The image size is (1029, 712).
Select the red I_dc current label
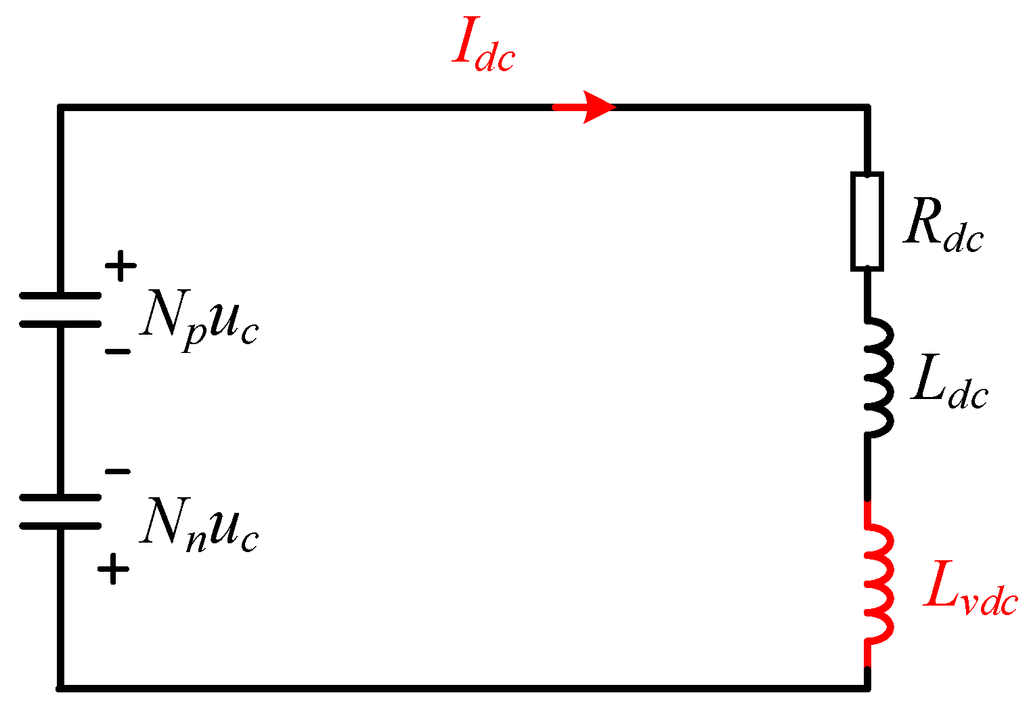(x=483, y=49)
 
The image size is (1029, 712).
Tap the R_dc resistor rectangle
(x=867, y=222)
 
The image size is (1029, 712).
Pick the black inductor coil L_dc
(x=877, y=376)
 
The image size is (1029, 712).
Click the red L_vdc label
(x=970, y=595)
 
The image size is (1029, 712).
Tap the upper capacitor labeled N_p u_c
(x=60, y=310)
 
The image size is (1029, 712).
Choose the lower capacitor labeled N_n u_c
(x=60, y=511)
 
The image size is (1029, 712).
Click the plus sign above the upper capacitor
(x=121, y=266)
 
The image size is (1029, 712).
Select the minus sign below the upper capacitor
(x=117, y=352)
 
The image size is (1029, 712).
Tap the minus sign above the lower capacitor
(x=117, y=472)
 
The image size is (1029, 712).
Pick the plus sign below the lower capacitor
(x=113, y=569)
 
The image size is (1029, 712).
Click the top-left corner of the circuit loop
(x=60, y=107)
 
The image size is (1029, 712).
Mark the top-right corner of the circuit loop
(x=867, y=107)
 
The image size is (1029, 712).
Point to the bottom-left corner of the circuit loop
(x=60, y=688)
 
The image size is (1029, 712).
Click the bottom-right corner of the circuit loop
(x=867, y=688)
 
